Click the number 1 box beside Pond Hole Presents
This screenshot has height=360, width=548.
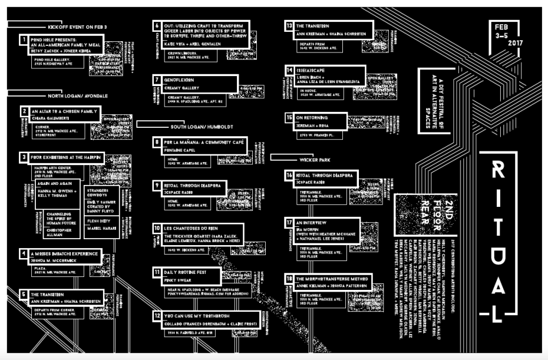[x=24, y=40]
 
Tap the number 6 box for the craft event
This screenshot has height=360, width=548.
[x=157, y=26]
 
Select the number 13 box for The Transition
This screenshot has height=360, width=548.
[x=289, y=26]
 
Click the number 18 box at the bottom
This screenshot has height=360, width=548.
[x=289, y=278]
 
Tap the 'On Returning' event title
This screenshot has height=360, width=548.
[x=313, y=117]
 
